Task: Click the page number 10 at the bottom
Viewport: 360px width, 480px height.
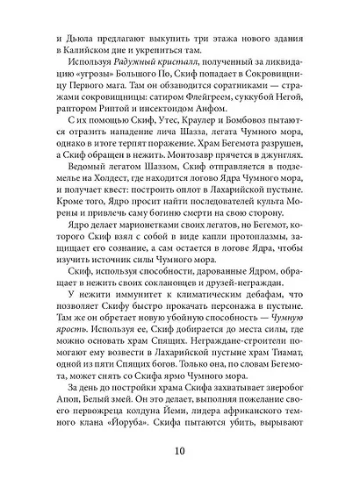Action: tap(180, 451)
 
